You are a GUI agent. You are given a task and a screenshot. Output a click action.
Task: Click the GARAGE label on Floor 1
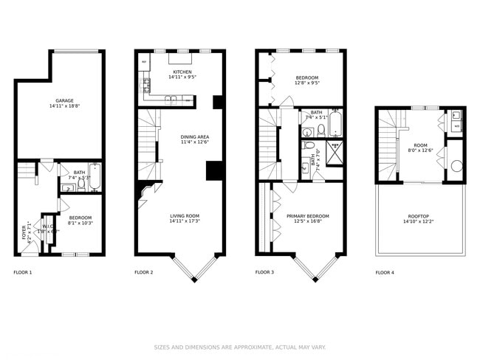tap(65, 100)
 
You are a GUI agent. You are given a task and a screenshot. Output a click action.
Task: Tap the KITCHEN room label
tap(182, 72)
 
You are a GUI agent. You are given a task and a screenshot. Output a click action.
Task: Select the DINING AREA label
tap(195, 136)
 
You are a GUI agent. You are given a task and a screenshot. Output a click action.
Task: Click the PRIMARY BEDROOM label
tap(308, 215)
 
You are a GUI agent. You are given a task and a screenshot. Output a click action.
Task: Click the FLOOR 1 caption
tap(23, 272)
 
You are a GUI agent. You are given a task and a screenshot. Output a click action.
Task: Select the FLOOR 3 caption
tap(264, 272)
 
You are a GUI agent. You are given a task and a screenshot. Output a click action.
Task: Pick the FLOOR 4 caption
tap(385, 272)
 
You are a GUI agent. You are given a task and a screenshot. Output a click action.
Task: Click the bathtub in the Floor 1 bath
tap(94, 177)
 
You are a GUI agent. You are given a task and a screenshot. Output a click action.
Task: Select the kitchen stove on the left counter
tap(146, 82)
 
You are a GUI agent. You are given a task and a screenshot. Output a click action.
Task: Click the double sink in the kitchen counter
tap(171, 97)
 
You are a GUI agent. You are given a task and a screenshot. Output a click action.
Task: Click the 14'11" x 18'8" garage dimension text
tap(65, 107)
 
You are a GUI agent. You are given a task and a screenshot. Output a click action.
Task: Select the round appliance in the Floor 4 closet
tap(456, 165)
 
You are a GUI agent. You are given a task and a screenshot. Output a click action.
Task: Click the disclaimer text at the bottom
tap(239, 347)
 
